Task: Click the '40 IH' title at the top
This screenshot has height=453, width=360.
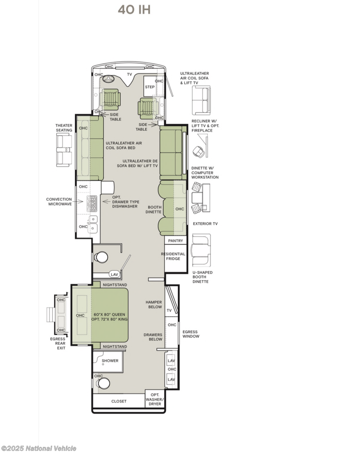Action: pyautogui.click(x=134, y=10)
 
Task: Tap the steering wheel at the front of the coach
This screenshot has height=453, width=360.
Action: pyautogui.click(x=109, y=80)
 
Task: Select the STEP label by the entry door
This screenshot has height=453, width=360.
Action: pyautogui.click(x=149, y=87)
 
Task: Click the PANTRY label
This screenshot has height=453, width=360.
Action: pyautogui.click(x=176, y=240)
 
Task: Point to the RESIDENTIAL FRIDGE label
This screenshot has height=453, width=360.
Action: pyautogui.click(x=173, y=256)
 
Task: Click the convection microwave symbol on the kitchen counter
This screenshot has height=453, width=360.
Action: pyautogui.click(x=92, y=203)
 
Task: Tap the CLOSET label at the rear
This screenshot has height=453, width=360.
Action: pyautogui.click(x=119, y=401)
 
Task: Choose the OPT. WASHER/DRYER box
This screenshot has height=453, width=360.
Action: pyautogui.click(x=155, y=399)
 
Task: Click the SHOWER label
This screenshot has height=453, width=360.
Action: pyautogui.click(x=110, y=361)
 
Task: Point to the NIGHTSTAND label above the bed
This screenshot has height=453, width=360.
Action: pyautogui.click(x=115, y=284)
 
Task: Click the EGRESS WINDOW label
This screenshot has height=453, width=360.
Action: pyautogui.click(x=191, y=334)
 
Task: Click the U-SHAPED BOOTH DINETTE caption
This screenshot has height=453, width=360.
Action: pyautogui.click(x=202, y=277)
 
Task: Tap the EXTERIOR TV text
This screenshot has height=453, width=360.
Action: pyautogui.click(x=205, y=223)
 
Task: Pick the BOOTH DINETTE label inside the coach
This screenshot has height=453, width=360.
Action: pyautogui.click(x=153, y=209)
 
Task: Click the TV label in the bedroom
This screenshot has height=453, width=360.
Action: pyautogui.click(x=169, y=311)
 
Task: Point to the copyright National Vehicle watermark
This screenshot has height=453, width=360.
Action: pyautogui.click(x=39, y=448)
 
